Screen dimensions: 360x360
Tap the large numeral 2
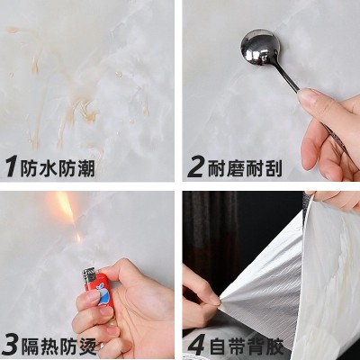click(196, 167)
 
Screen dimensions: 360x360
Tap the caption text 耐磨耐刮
click(245, 167)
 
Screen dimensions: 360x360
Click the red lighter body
click(99, 290)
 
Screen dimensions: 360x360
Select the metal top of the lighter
click(90, 276)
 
